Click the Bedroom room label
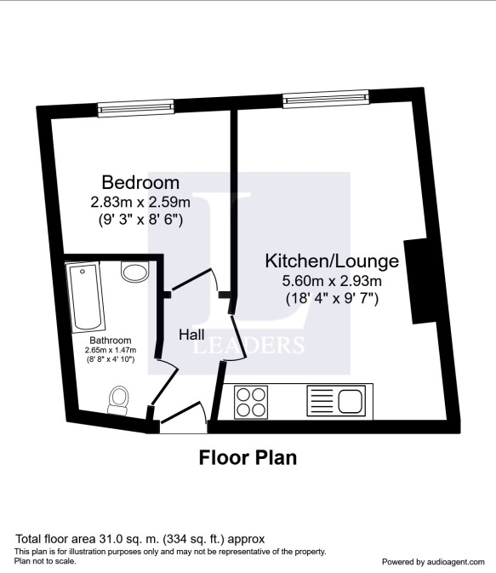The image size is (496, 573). click(x=140, y=182)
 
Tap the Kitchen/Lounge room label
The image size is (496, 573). click(x=332, y=261)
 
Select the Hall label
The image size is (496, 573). click(x=191, y=335)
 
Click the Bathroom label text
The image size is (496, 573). click(x=111, y=341)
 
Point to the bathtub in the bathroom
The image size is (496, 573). click(x=85, y=296)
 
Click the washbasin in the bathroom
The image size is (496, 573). click(x=134, y=272)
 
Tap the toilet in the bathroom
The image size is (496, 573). click(x=119, y=400)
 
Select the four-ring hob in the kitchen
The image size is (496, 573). click(x=251, y=403)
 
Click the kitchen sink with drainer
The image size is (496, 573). click(x=336, y=401)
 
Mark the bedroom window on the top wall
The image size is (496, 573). click(x=135, y=108)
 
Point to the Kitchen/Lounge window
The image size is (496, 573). click(x=326, y=99)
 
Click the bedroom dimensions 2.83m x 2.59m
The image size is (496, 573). click(x=140, y=202)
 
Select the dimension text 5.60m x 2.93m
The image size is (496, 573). click(x=332, y=281)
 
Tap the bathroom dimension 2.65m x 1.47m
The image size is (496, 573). click(x=111, y=350)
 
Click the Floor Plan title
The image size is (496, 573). click(x=248, y=457)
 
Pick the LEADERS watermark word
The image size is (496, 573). click(x=248, y=345)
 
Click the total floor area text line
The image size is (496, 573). click(x=140, y=539)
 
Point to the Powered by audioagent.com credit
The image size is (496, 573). click(x=433, y=562)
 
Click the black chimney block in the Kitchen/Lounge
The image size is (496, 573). click(x=420, y=281)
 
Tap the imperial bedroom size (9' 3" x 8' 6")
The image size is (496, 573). click(x=140, y=220)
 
